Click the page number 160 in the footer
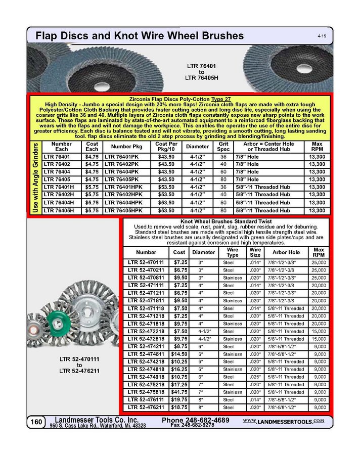coord(35,422)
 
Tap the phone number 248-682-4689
coord(196,420)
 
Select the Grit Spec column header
coord(223,147)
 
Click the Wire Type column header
coord(232,252)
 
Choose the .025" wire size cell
coord(255,377)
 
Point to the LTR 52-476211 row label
coord(146,407)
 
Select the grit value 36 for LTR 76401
coord(223,157)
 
